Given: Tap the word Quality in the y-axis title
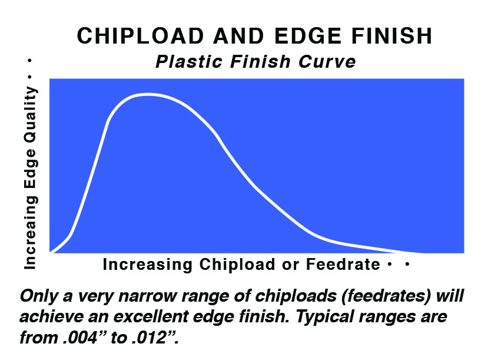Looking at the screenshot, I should click(x=31, y=112).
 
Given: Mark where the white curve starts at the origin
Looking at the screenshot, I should click(x=51, y=252).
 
